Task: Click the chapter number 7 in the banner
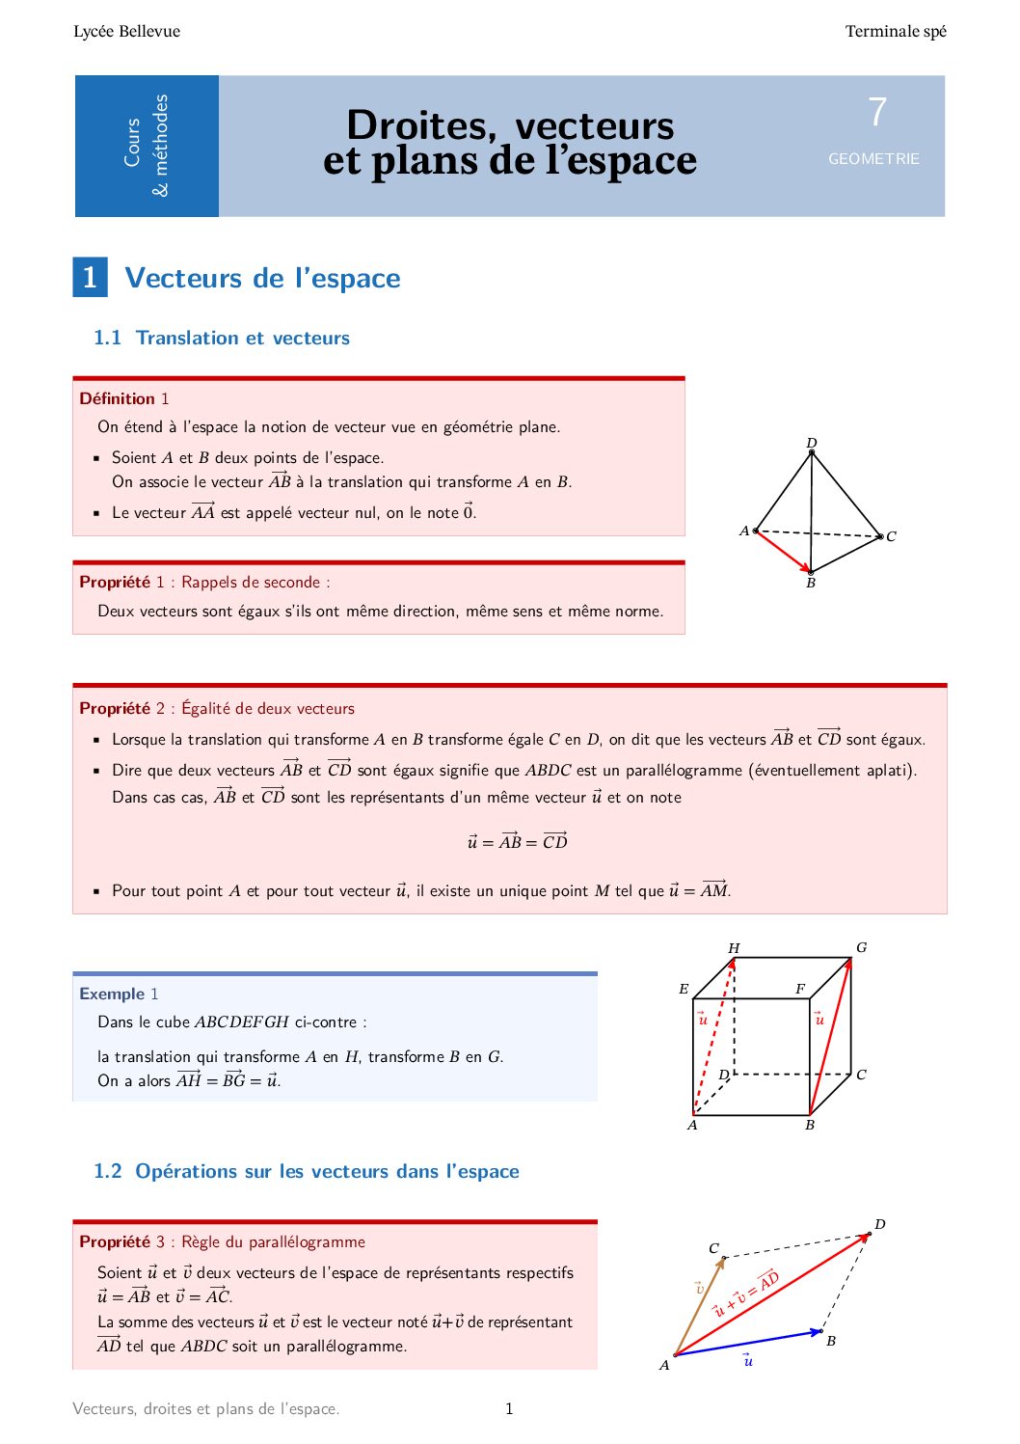coord(876,113)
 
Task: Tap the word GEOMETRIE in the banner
coord(873,159)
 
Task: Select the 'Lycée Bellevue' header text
coord(126,32)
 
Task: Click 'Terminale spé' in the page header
coord(896,32)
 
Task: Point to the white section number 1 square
coord(90,278)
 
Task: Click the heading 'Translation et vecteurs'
coord(242,339)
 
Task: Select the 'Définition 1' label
coord(123,398)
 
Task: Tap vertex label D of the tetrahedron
coord(812,443)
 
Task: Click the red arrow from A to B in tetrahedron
coord(783,551)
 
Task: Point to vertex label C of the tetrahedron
coord(891,536)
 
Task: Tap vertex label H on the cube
coord(734,948)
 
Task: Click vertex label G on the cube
coord(861,947)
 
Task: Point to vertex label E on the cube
coord(684,989)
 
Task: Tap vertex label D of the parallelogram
coord(879,1224)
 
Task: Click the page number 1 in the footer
coord(509,1409)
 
